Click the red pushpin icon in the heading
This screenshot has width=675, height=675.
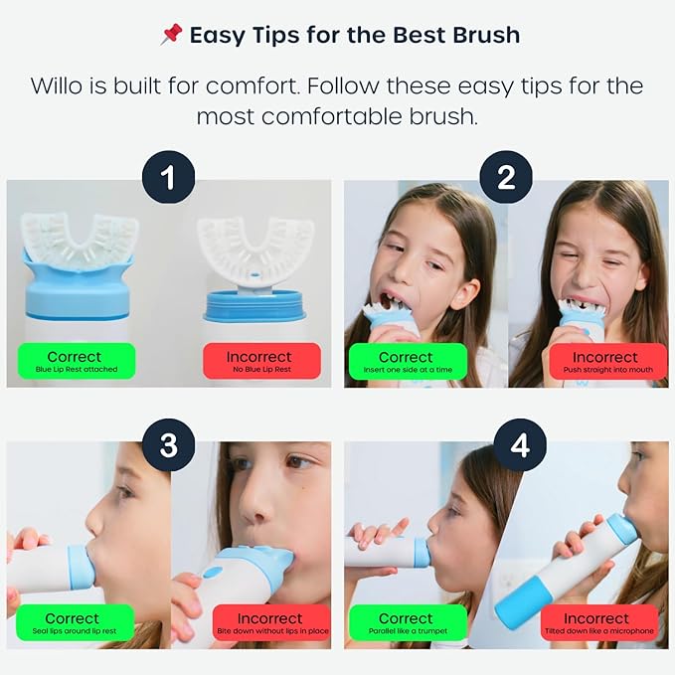[170, 36]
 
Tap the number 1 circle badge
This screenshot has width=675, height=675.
[169, 179]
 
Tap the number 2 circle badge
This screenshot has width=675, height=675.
[506, 179]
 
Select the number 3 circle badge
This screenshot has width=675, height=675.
[169, 444]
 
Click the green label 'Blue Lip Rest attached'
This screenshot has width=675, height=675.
[74, 362]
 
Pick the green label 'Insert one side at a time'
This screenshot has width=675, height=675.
[406, 362]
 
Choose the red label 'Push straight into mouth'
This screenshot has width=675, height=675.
[604, 362]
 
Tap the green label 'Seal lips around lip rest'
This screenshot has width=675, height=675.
[74, 623]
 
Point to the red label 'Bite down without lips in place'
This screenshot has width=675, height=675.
[269, 623]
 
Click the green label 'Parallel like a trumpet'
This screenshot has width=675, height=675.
[406, 623]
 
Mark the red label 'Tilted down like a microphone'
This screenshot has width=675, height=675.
[598, 623]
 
